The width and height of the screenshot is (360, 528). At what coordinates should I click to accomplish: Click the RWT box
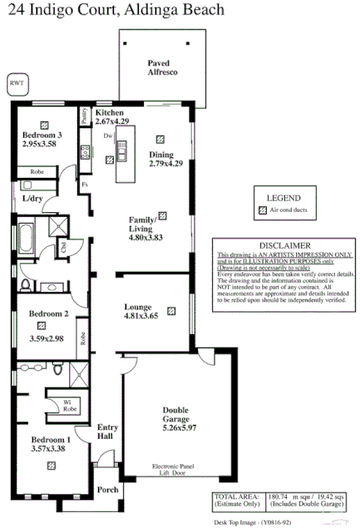click(x=15, y=83)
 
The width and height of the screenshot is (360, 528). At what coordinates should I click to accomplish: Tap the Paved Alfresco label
click(x=159, y=68)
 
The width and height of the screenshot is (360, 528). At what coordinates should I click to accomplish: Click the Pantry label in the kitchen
click(x=85, y=117)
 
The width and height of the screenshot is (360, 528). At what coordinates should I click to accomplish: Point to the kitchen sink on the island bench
click(x=121, y=150)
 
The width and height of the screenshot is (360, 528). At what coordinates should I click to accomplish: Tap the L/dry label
click(x=34, y=200)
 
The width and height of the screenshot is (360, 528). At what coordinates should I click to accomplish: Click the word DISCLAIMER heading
click(x=284, y=246)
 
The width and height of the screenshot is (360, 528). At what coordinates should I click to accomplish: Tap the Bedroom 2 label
click(x=48, y=314)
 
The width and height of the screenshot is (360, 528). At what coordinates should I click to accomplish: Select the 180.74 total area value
click(x=258, y=500)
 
